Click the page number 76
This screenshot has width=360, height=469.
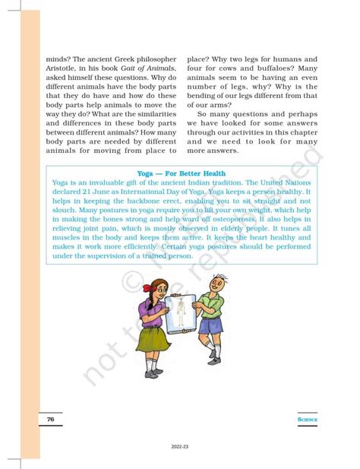[x=49, y=420]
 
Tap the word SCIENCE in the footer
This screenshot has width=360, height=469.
[x=308, y=420]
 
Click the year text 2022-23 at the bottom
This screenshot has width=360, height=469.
[x=180, y=447]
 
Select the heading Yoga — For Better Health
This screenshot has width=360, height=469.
[x=180, y=173]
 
